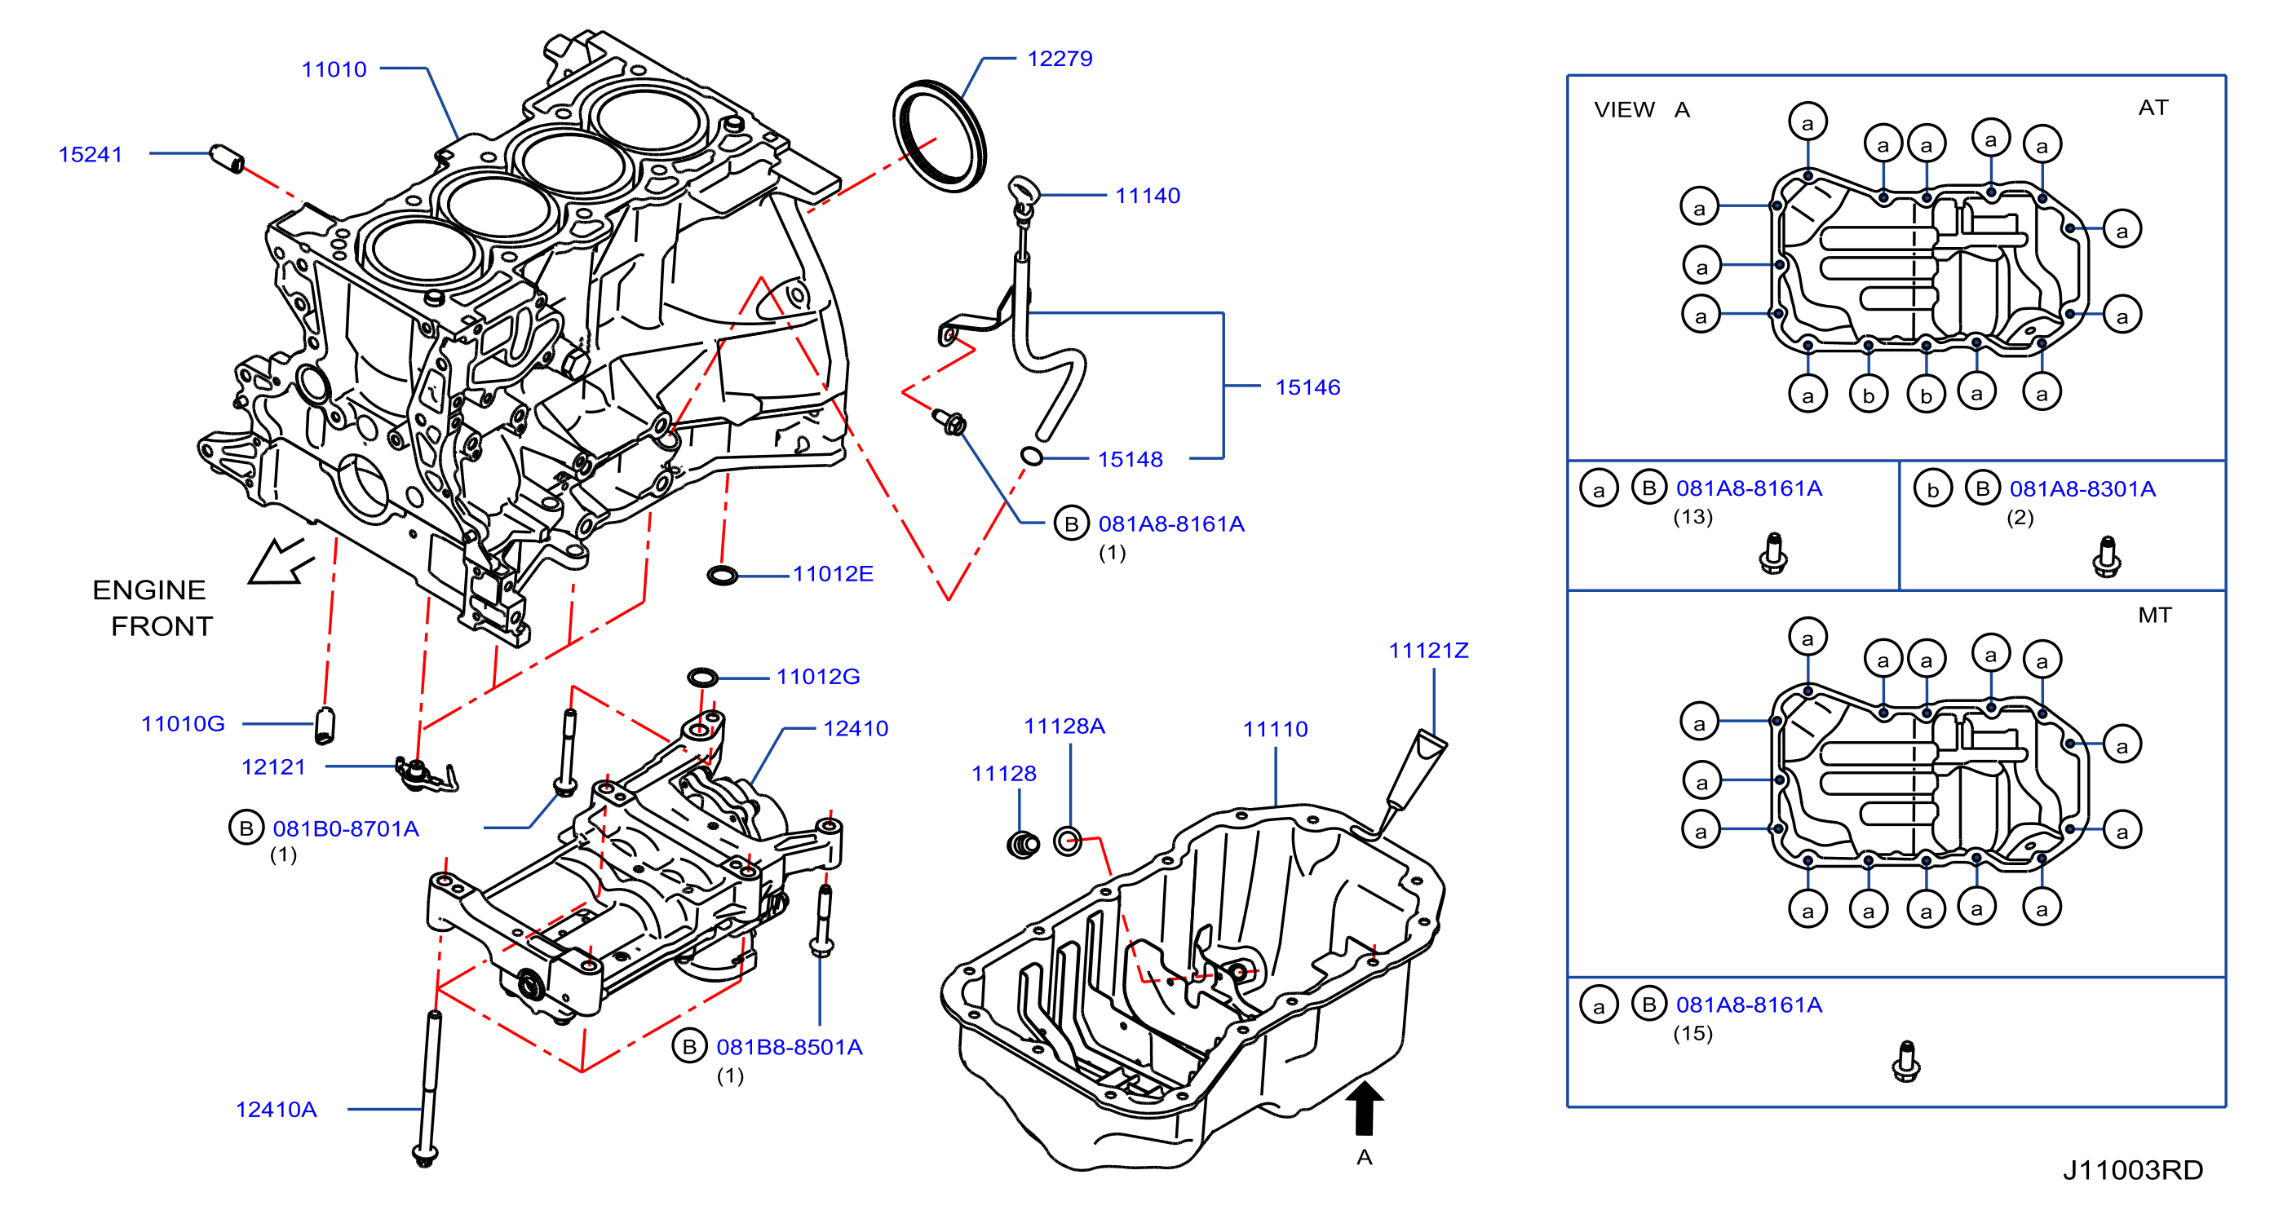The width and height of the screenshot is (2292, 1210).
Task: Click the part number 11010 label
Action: [x=334, y=69]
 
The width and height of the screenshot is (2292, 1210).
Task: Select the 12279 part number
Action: [x=1060, y=59]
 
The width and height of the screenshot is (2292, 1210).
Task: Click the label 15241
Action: [x=90, y=155]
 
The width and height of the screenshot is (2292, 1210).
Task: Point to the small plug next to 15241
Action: [x=227, y=158]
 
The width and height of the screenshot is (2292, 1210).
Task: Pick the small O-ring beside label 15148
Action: [x=1031, y=457]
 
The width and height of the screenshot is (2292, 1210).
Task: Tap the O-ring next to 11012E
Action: [x=723, y=576]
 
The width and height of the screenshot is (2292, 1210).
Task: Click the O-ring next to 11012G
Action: [x=702, y=678]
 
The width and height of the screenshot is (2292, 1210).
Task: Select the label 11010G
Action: [x=184, y=724]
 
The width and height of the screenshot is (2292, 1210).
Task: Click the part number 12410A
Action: [x=276, y=1110]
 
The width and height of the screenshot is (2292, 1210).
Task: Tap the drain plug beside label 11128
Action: [x=1023, y=843]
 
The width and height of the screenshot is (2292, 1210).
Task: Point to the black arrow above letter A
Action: [x=1364, y=1108]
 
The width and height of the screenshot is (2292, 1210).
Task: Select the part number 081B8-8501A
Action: [x=790, y=1047]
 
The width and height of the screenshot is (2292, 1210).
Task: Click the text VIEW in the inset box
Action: [x=1624, y=109]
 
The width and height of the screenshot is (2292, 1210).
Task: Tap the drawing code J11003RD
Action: [x=2133, y=1170]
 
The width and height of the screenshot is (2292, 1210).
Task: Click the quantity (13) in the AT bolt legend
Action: [x=1692, y=517]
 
